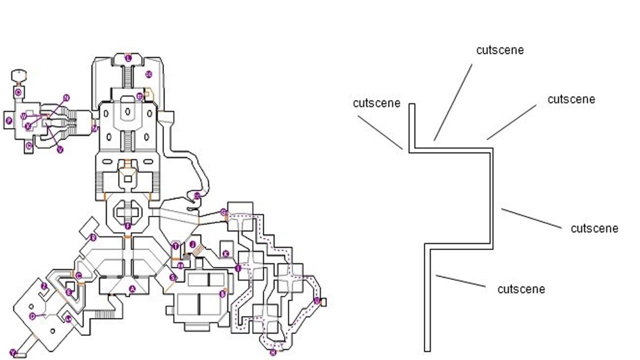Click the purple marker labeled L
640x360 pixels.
point(128,58)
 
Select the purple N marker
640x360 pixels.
point(66,97)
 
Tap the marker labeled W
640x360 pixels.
point(23,116)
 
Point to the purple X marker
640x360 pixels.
point(28,126)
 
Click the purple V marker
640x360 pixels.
point(60,149)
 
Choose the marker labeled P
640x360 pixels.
point(8,120)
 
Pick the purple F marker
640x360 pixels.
point(128,226)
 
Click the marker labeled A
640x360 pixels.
point(132,288)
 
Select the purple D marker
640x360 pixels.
point(33,316)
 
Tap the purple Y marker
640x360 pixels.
point(13,353)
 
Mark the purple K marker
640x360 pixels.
point(225,254)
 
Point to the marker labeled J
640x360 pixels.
point(192,244)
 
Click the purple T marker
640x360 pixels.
point(175,246)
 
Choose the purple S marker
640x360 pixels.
point(173,277)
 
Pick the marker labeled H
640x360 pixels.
point(273,352)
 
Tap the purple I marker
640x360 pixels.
point(238,268)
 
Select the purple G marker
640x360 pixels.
point(223,213)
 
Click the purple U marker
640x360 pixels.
point(316,300)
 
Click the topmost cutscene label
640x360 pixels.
point(500,50)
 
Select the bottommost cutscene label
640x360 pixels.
point(521,289)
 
